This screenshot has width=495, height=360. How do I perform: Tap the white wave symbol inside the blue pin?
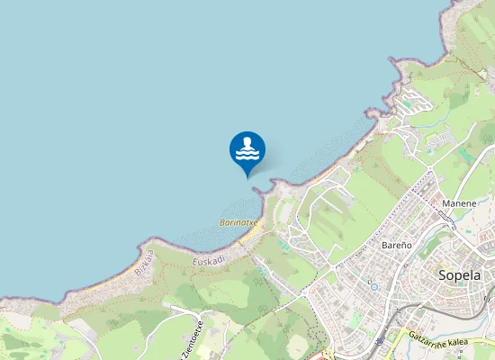pyautogui.click(x=247, y=148)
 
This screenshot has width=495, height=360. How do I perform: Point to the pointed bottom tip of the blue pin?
pyautogui.click(x=247, y=177)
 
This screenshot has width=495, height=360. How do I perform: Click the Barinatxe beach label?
pyautogui.click(x=238, y=221)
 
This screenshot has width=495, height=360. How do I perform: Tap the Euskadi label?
pyautogui.click(x=208, y=260)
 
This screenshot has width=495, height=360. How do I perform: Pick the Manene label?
pyautogui.click(x=459, y=204)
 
